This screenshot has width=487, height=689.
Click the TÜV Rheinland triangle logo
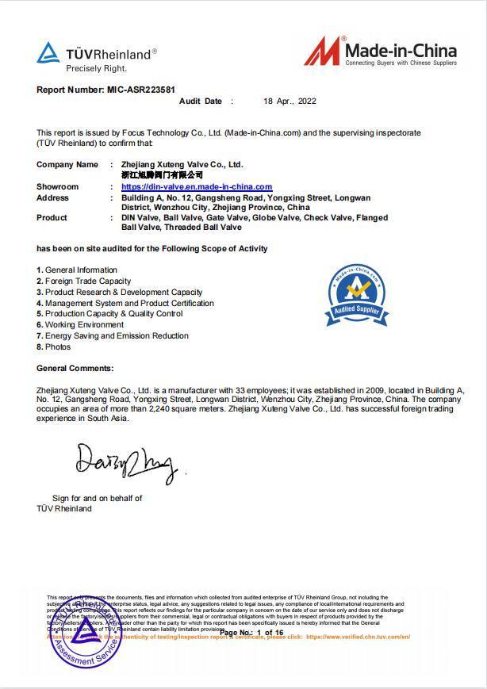point(48,53)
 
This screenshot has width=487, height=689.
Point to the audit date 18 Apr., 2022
point(290,101)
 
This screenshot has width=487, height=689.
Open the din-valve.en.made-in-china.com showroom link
point(196,187)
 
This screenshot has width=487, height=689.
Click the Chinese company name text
point(162,174)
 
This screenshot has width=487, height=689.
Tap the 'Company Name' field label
point(67,165)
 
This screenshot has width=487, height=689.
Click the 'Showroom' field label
point(58,187)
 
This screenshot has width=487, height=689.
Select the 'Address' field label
point(52,197)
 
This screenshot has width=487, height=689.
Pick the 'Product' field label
point(52,217)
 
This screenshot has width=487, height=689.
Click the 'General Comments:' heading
point(75,368)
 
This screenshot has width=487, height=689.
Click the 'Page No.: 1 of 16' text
point(251,633)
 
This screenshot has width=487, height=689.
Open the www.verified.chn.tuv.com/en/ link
point(358,637)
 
